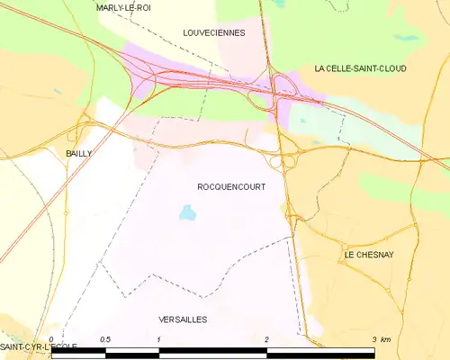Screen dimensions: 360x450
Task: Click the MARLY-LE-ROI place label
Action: click(x=122, y=7)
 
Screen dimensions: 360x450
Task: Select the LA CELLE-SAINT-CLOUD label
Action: click(x=360, y=68)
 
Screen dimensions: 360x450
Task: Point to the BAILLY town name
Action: click(x=78, y=154)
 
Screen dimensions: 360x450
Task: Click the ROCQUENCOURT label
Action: click(x=231, y=186)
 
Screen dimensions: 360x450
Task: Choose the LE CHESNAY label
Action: click(x=368, y=256)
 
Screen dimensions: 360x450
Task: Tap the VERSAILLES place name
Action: click(x=183, y=319)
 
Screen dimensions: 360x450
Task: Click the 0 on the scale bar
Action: click(x=52, y=339)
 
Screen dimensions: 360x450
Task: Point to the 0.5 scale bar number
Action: click(x=105, y=339)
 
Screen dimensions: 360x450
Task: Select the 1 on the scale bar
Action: click(x=158, y=339)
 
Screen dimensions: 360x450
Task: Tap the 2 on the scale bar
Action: click(x=267, y=339)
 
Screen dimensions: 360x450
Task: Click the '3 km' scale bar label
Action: click(x=381, y=339)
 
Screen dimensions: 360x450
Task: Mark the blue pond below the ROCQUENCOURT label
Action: click(x=187, y=213)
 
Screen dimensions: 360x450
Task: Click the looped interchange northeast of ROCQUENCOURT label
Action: click(x=285, y=162)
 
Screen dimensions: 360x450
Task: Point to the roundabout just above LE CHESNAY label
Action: click(x=344, y=245)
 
